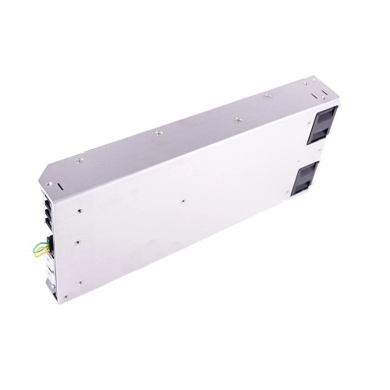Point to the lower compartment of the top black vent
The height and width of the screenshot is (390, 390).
(x=322, y=133)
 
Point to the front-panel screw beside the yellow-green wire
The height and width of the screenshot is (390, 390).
(x=79, y=241)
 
